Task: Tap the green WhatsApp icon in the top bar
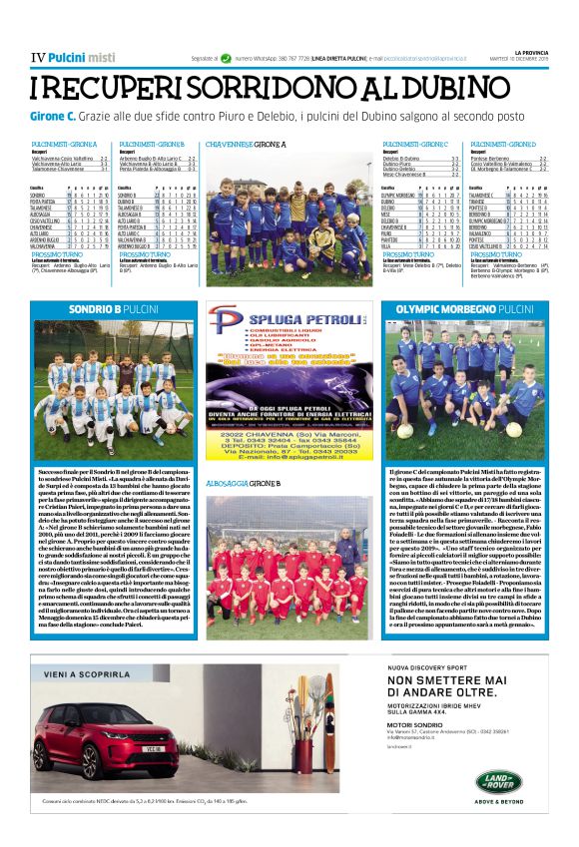[x=227, y=60]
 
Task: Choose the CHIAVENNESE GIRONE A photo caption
[x=245, y=145]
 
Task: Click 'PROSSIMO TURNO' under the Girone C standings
[x=409, y=255]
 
